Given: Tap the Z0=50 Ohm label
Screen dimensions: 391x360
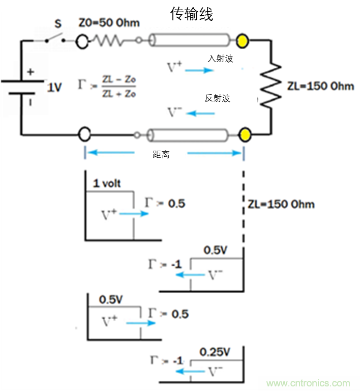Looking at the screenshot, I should (x=109, y=23).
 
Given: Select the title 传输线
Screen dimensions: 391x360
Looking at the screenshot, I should (x=191, y=14).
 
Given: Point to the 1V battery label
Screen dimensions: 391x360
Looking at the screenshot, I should (x=54, y=88).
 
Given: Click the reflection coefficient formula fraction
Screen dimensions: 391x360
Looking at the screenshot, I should (x=119, y=88).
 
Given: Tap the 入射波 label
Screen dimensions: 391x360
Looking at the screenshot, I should (x=220, y=59).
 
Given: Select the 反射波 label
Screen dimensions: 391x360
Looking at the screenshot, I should (x=218, y=98).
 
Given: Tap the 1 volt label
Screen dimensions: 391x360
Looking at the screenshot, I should (x=106, y=183).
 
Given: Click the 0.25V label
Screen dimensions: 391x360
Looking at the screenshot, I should (x=216, y=352).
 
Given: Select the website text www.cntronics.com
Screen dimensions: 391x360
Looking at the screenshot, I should (x=309, y=383).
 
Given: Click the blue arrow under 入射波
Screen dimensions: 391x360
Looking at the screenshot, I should (x=199, y=69).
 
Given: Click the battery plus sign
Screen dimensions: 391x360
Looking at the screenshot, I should (x=31, y=72).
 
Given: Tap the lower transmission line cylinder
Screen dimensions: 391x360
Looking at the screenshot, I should (x=189, y=135).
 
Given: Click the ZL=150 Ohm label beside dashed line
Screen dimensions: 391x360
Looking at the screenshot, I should (x=281, y=205).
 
